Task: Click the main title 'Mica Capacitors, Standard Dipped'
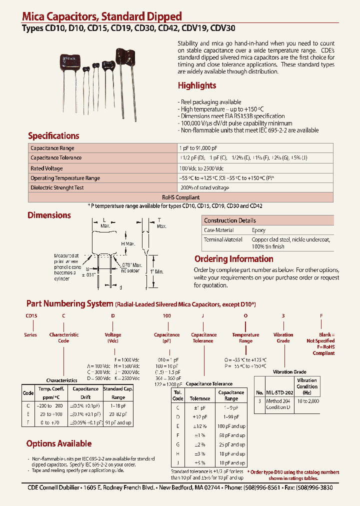point(102,16)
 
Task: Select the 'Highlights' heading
point(197,85)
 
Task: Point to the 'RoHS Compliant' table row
point(180,197)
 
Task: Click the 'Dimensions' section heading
point(49,215)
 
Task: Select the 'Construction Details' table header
point(229,220)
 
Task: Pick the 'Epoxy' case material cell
point(258,230)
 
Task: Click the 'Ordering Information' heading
point(233,259)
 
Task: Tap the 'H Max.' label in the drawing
point(128,243)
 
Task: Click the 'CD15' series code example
point(31,316)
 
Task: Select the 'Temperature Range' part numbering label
point(245,338)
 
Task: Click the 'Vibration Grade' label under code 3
point(283,338)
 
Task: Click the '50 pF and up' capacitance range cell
point(231,435)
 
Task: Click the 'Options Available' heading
point(58,443)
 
